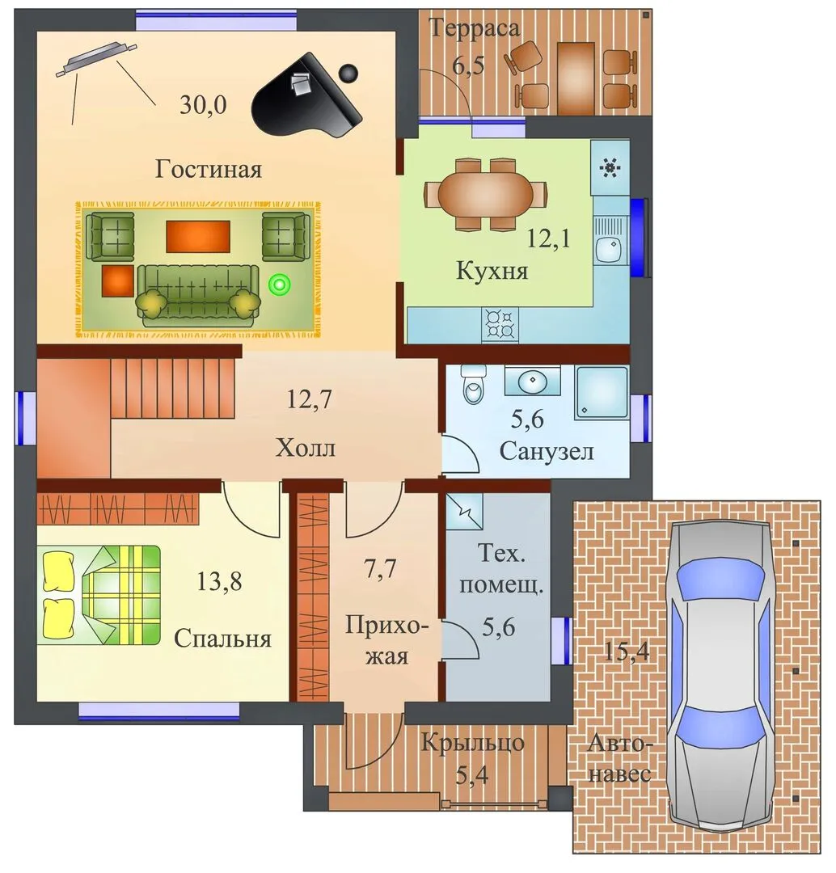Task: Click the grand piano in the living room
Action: point(306,95)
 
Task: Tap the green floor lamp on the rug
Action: point(280,285)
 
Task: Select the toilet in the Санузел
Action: point(474,384)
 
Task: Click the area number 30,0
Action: point(203,104)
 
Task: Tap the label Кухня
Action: point(492,271)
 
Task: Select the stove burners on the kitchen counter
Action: point(500,324)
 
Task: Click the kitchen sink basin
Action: point(610,249)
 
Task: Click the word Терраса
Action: point(474,28)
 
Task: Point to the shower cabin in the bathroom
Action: point(602,393)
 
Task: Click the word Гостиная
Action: point(209,169)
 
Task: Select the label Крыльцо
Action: point(472,744)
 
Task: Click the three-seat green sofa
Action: point(198,295)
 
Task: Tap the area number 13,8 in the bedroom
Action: point(219,582)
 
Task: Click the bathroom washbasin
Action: point(533,381)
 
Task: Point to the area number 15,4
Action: point(627,651)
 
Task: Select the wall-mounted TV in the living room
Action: point(95,57)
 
